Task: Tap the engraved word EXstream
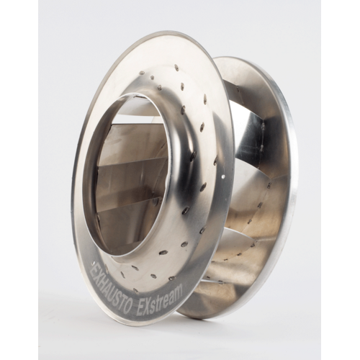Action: (x=160, y=300)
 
